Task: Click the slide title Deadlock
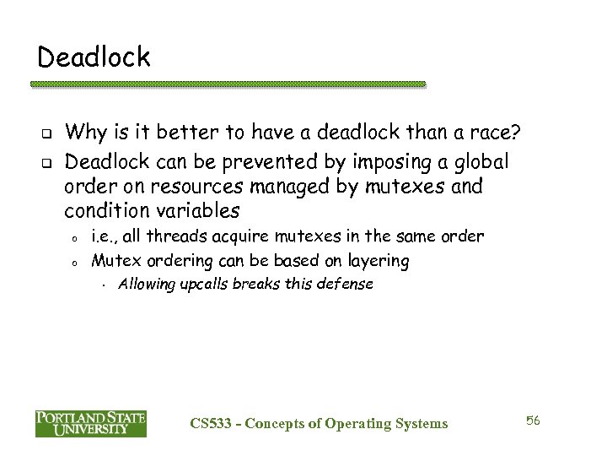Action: [x=94, y=57]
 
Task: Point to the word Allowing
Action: [x=146, y=284]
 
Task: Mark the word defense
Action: [x=343, y=284]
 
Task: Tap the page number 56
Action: [x=533, y=420]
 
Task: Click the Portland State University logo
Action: [x=91, y=423]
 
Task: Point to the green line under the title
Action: [x=228, y=84]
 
